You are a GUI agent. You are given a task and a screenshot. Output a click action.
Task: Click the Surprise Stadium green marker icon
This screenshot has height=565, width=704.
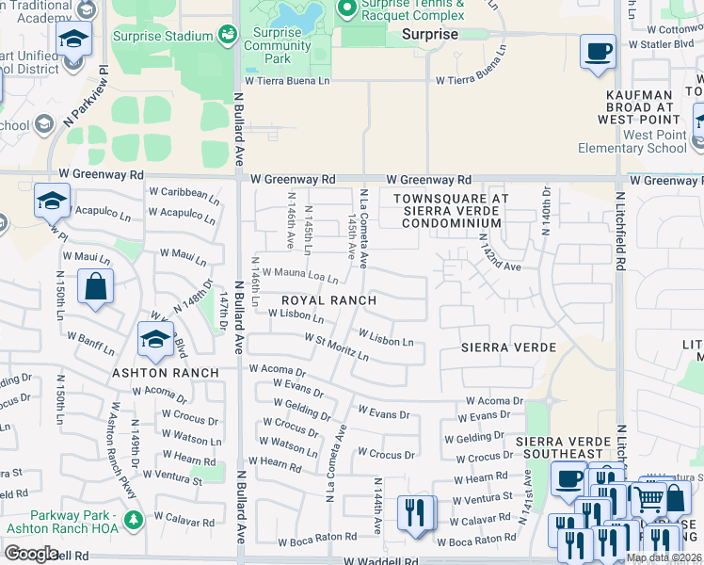coord(226,36)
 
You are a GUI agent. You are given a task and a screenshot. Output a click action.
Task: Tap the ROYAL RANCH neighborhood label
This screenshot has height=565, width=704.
coord(329,301)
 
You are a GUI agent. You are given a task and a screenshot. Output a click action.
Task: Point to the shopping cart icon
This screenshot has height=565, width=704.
coord(648,499)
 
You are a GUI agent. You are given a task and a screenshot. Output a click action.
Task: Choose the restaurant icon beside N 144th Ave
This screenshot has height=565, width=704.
coord(415,513)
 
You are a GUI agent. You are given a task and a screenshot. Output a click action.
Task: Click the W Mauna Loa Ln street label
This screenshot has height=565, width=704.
coord(299,276)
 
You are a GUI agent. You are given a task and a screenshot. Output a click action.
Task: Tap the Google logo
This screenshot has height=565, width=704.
coord(31,553)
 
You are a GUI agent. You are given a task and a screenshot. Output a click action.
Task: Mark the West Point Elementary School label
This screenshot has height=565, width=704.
coord(640,141)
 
